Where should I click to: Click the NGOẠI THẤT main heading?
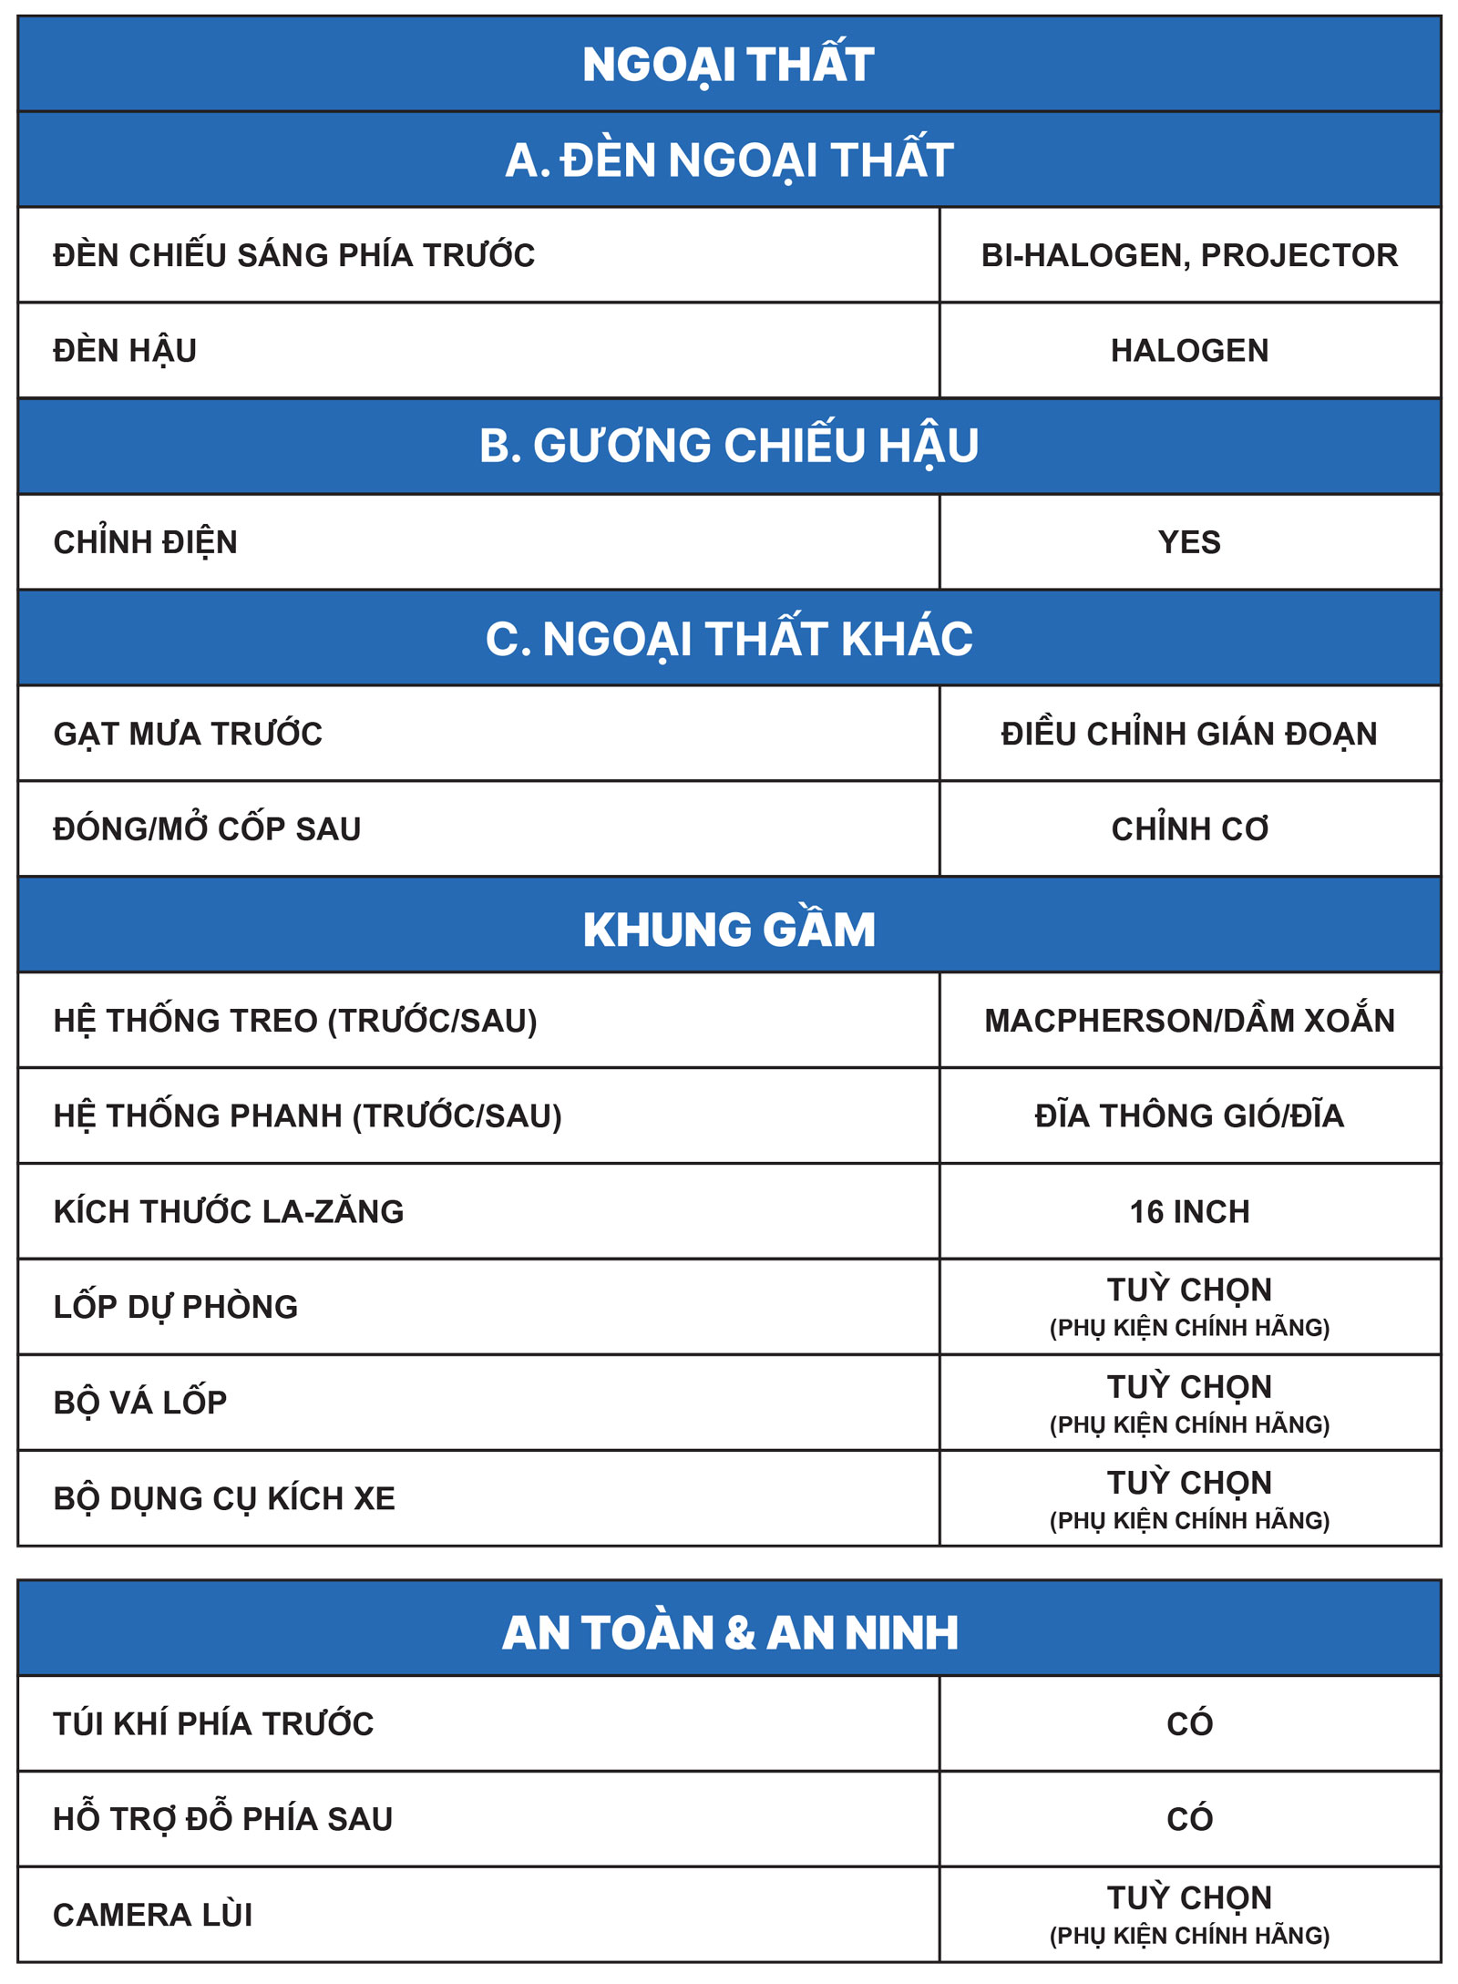728,65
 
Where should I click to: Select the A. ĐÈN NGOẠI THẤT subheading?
729,160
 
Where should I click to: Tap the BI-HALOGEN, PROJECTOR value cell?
1189,255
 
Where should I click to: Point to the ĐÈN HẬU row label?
125,351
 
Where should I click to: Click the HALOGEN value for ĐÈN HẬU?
1189,351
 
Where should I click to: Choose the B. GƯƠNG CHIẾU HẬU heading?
729,447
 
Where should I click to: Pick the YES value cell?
1189,542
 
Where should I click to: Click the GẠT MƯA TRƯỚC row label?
188,734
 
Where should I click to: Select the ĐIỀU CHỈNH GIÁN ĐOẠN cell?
1189,734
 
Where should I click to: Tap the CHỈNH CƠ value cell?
1189,829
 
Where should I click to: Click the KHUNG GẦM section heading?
729,930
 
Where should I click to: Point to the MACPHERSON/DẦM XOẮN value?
1189,1021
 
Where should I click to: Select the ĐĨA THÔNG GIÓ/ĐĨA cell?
1189,1116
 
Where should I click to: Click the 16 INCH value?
1189,1212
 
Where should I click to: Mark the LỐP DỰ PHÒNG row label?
176,1307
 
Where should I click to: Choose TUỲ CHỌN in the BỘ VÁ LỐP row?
1189,1387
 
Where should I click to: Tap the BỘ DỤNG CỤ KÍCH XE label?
224,1498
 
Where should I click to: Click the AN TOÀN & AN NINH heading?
729,1633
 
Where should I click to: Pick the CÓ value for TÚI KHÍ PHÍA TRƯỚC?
1189,1723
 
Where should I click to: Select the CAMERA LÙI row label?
153,1915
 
